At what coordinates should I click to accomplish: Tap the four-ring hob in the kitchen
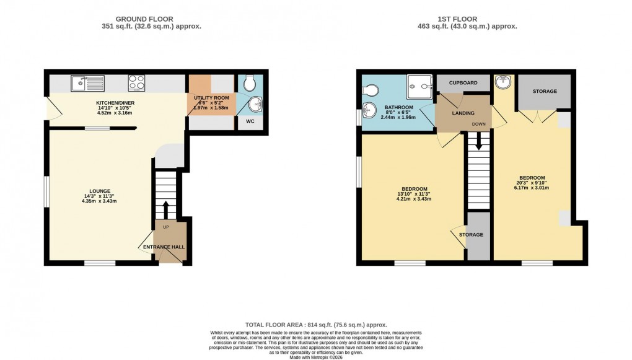pos(136,82)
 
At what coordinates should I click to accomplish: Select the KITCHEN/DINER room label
pos(115,103)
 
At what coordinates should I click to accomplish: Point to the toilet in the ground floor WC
pos(249,82)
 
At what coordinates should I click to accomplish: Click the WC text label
pos(250,121)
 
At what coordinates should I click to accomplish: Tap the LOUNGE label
pos(100,191)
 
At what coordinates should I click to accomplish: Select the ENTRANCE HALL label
pos(164,247)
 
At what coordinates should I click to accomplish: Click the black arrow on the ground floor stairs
pos(165,209)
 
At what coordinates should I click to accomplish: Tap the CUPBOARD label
pos(463,82)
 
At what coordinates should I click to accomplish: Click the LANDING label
pos(463,113)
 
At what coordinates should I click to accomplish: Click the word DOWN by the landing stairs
pos(479,124)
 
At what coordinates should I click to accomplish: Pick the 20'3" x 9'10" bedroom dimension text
pos(532,183)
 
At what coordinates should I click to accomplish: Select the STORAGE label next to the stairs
pos(471,235)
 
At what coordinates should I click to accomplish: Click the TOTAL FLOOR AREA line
pos(316,325)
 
